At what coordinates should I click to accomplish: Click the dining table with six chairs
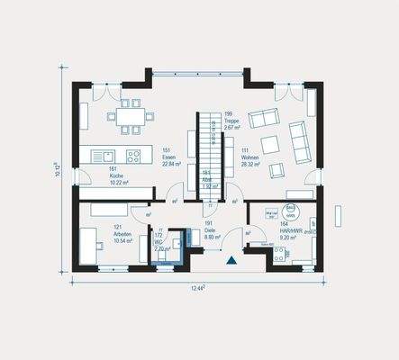(x=129, y=114)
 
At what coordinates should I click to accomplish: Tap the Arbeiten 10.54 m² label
(x=122, y=236)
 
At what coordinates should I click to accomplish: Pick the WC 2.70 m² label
(x=159, y=243)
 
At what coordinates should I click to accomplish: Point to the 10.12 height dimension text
(x=59, y=169)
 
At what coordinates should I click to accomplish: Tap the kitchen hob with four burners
(x=133, y=155)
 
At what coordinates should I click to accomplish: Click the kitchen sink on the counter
(x=102, y=155)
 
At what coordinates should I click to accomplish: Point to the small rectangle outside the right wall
(x=340, y=216)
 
